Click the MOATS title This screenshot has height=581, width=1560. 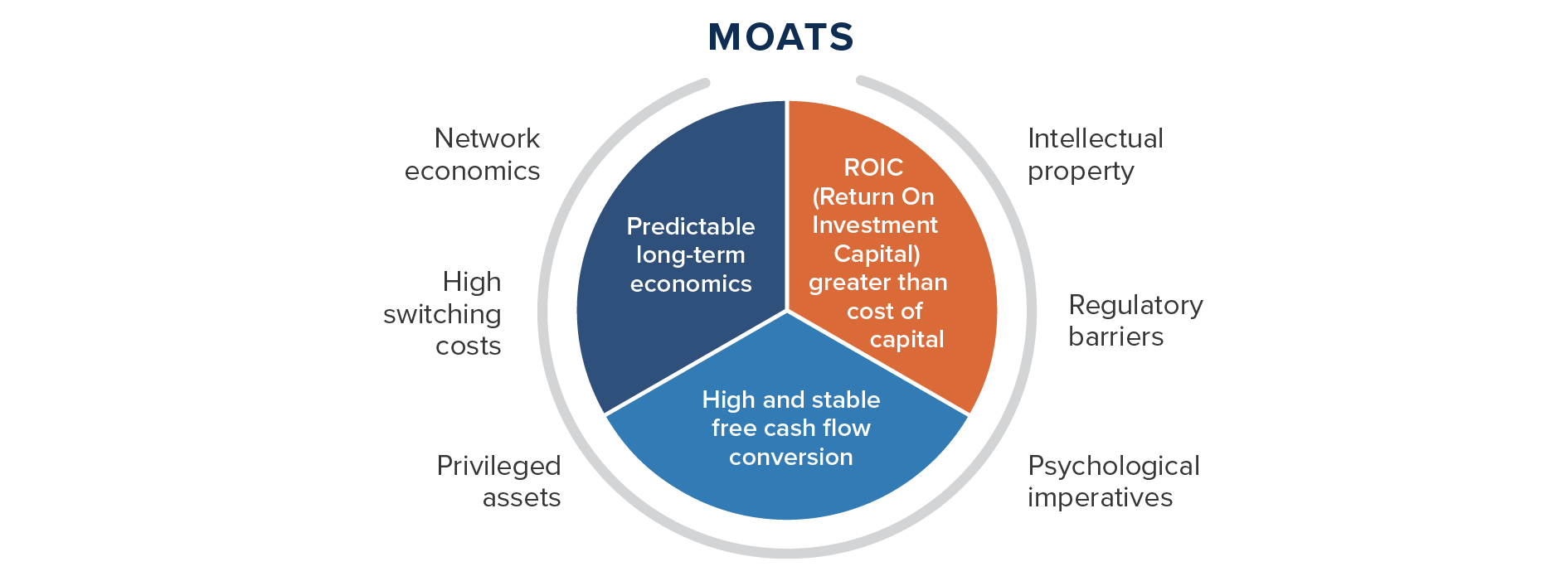[x=780, y=37]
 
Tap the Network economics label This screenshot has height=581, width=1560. [x=472, y=154]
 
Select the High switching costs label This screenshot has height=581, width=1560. [x=442, y=313]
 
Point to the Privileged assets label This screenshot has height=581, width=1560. [x=498, y=482]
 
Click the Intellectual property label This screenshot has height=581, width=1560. [x=1096, y=154]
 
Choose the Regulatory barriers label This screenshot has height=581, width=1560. [x=1135, y=320]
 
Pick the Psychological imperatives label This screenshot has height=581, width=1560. [x=1114, y=482]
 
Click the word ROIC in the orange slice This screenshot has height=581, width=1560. [x=873, y=167]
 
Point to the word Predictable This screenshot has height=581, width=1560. [x=691, y=226]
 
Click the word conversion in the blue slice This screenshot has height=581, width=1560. [x=790, y=457]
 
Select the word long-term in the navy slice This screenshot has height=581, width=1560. [x=691, y=255]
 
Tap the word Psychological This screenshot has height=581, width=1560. [x=1114, y=467]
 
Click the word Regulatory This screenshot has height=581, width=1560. [x=1135, y=306]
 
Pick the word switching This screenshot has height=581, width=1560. [x=442, y=315]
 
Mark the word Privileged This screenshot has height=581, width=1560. [x=498, y=467]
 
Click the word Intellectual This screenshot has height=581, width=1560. [x=1096, y=138]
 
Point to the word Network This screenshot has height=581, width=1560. [x=487, y=138]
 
